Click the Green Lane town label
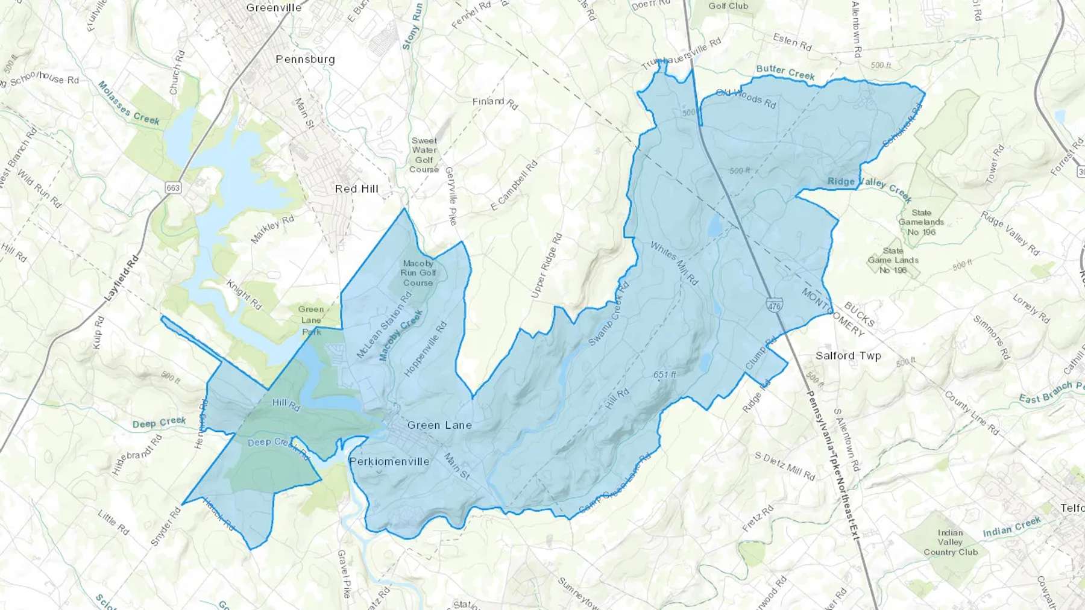click(439, 425)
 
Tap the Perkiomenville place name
click(389, 462)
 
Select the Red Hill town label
click(357, 189)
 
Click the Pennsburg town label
click(305, 59)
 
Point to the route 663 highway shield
click(173, 188)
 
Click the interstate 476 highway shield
click(774, 305)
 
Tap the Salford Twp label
click(848, 356)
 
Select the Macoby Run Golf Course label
click(418, 273)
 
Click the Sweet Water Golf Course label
click(424, 155)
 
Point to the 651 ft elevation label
click(665, 375)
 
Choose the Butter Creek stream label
click(785, 72)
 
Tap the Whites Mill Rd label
click(675, 263)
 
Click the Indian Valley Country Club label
click(951, 542)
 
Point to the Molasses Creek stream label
click(128, 103)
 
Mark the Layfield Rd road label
click(122, 278)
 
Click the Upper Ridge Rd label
click(547, 265)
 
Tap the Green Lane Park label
click(311, 320)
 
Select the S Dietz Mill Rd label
click(785, 466)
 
